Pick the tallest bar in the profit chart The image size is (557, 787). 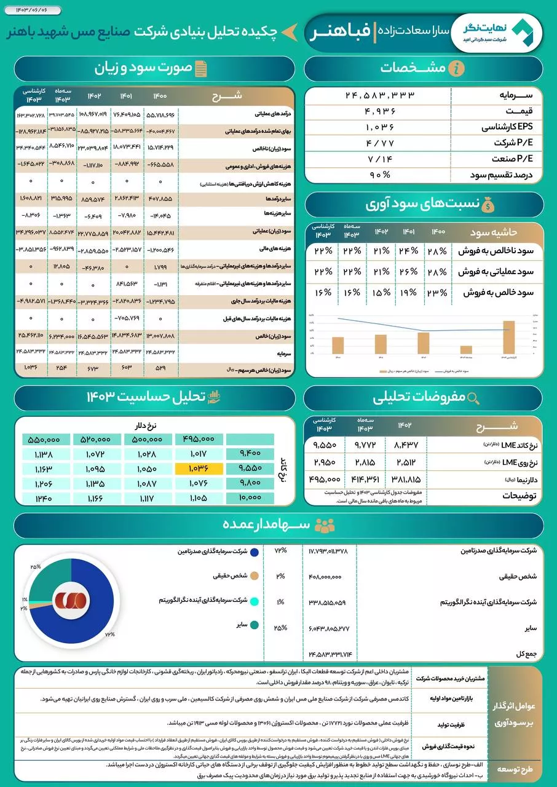coord(508,338)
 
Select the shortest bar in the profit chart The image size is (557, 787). coord(466,350)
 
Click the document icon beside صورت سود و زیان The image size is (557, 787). coord(200,68)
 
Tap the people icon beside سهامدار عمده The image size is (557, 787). coord(324,525)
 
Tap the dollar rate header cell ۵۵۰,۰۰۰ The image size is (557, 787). coord(45,439)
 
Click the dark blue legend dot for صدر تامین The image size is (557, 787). coord(255,552)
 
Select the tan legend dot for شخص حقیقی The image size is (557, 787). coord(255,576)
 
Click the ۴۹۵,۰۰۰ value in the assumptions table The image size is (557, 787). coord(326,479)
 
